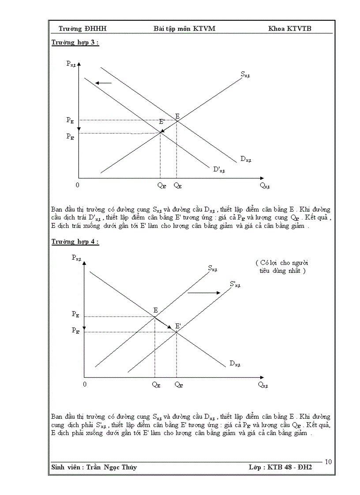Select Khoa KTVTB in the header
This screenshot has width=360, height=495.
coord(293,29)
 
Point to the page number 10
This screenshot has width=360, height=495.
coord(328,462)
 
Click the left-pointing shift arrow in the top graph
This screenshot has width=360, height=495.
coord(104,83)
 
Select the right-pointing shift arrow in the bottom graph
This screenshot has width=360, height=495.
coord(204,292)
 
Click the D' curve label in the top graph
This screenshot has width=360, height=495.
coord(219,169)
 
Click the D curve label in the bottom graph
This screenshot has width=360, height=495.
coord(235,364)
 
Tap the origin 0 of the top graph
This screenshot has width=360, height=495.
coord(78,185)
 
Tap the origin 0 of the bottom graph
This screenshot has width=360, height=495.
coord(84,384)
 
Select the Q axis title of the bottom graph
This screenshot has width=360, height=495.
coord(263,385)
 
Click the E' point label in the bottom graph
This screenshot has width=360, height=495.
coord(178,326)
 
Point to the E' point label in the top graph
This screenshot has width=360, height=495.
coord(162,121)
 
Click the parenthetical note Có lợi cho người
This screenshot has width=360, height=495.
coord(281,263)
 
